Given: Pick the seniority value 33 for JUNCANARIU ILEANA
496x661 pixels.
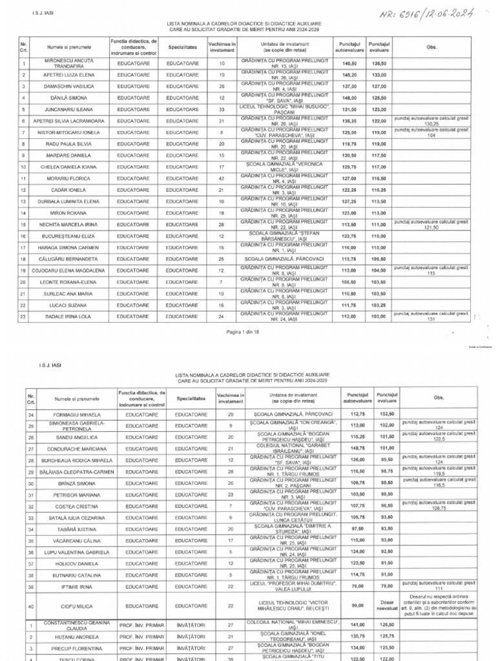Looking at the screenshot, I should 222,109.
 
